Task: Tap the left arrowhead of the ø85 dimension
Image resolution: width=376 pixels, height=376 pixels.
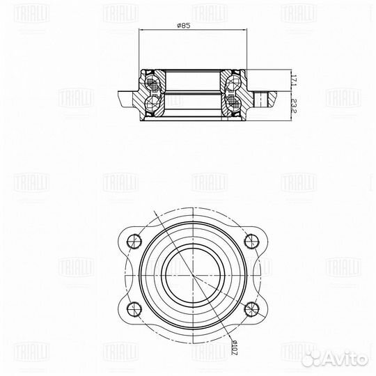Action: tap(141, 31)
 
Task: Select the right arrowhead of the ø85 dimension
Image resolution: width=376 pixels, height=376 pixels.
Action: tap(245, 31)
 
